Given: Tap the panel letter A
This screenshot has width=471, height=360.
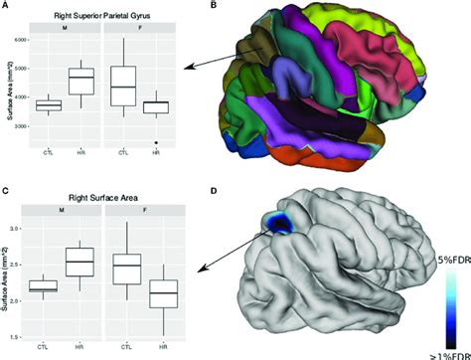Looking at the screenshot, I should click(x=7, y=7).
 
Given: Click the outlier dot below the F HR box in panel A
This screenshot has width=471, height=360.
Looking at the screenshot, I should click(x=157, y=142).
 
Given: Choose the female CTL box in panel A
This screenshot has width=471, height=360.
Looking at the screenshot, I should click(x=123, y=86).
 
